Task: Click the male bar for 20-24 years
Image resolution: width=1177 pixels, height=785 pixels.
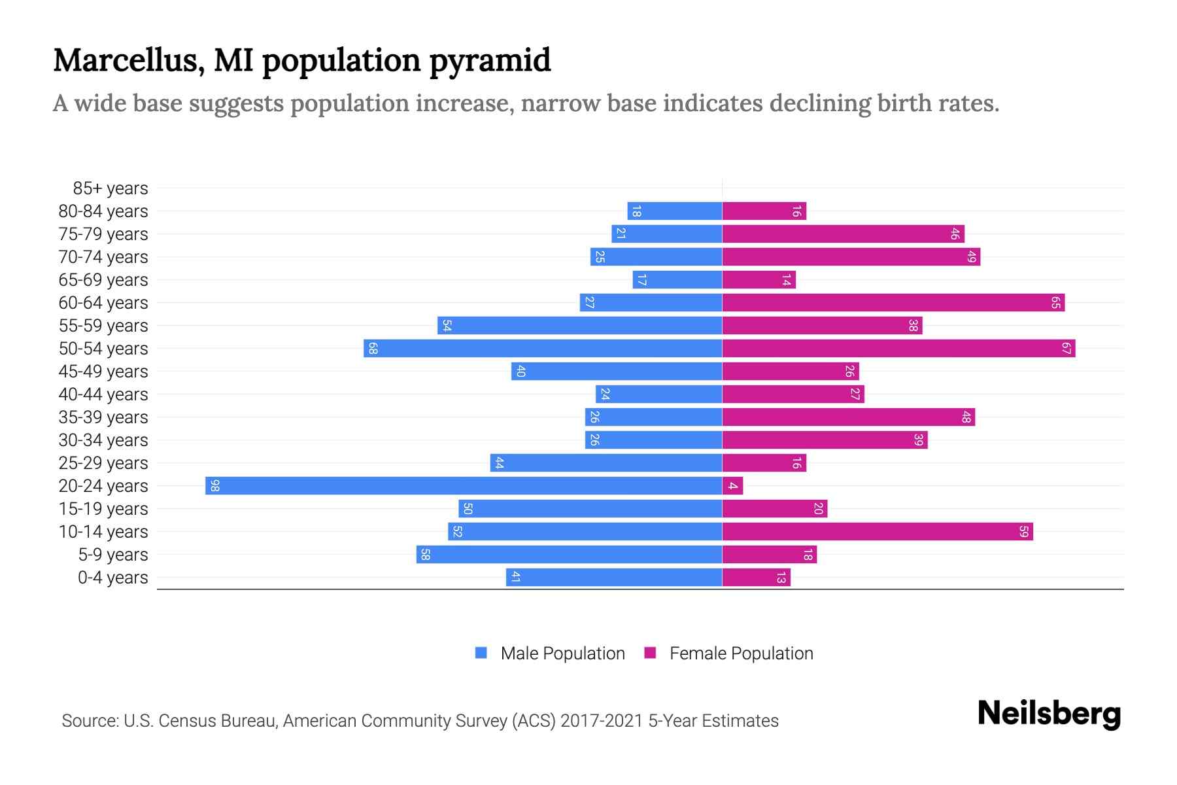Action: point(464,485)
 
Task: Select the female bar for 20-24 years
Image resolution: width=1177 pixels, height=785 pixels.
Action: point(732,485)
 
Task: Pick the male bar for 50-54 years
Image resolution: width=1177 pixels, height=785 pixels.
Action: point(543,348)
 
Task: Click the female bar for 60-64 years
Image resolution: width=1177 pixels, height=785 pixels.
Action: point(893,302)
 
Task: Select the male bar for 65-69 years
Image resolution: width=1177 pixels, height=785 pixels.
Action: point(677,279)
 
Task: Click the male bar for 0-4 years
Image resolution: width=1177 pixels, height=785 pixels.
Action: point(614,577)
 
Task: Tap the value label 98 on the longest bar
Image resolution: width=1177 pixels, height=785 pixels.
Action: point(214,485)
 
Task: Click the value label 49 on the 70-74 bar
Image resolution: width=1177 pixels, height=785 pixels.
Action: point(972,256)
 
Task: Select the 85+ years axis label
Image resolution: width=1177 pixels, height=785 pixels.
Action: point(111,188)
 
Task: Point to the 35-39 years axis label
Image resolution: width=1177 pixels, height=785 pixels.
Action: point(103,417)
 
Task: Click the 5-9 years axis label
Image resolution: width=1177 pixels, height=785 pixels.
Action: point(113,555)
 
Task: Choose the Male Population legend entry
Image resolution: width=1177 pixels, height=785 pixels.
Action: point(562,654)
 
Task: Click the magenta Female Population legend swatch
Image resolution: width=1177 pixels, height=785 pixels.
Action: point(650,653)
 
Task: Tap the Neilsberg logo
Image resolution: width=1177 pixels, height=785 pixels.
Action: point(1049,714)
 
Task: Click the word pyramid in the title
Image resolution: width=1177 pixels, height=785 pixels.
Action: point(490,61)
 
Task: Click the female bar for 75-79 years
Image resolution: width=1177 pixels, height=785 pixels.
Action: point(843,234)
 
